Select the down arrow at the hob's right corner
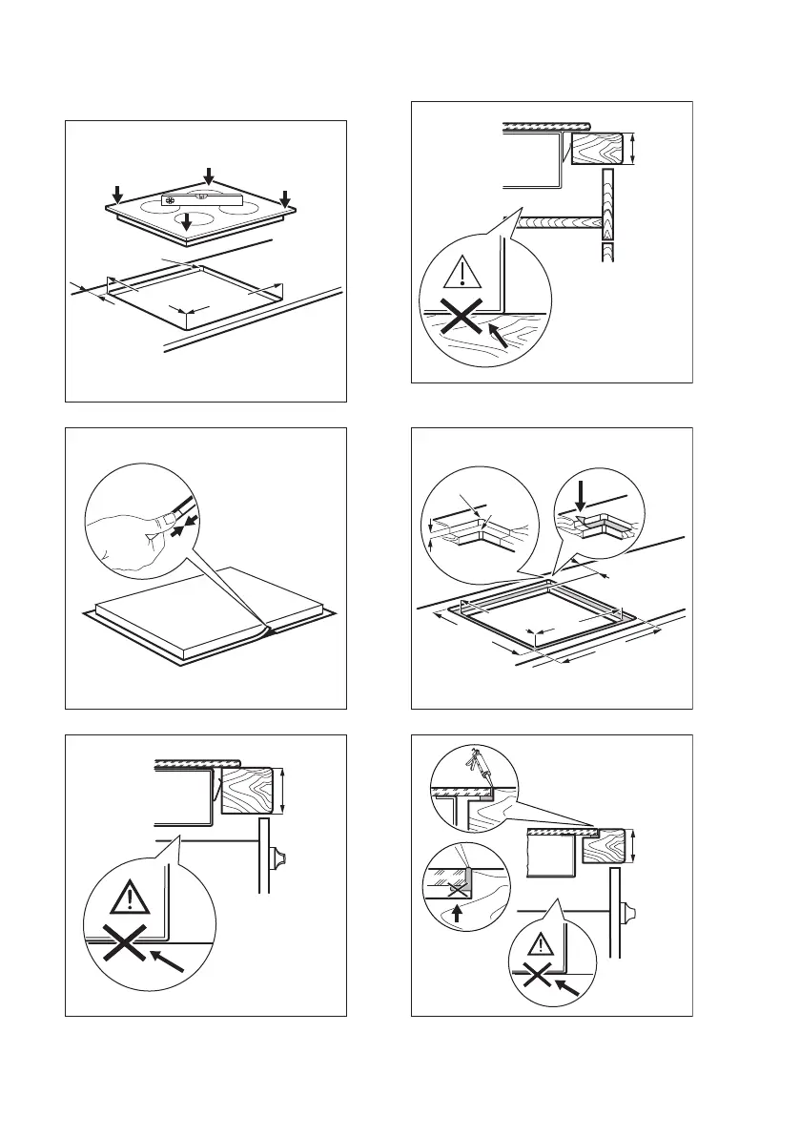click(x=284, y=197)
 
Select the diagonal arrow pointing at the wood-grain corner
click(x=498, y=334)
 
